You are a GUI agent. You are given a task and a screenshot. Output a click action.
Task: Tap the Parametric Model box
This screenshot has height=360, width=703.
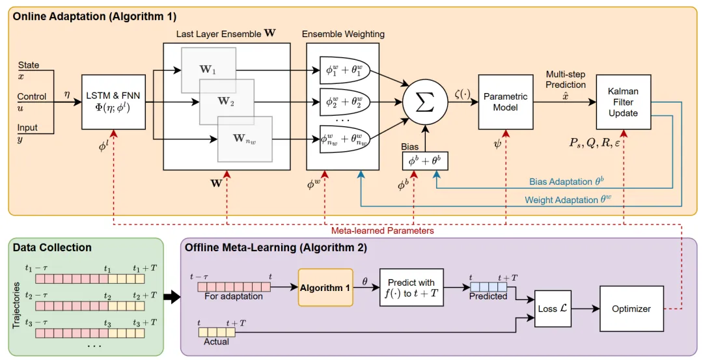[x=505, y=102]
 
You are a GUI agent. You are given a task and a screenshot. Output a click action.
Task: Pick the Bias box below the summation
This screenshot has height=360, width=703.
[x=425, y=159]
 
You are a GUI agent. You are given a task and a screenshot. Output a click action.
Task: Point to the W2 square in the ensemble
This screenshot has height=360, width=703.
[x=227, y=101]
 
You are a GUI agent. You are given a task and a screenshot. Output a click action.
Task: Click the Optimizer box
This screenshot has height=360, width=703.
[x=631, y=309]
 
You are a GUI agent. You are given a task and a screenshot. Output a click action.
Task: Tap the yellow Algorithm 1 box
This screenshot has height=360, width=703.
[x=325, y=287]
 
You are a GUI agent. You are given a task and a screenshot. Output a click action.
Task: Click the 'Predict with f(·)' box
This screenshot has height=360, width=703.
[x=411, y=287]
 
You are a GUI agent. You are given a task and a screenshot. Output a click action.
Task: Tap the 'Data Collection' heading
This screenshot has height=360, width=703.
[x=52, y=247]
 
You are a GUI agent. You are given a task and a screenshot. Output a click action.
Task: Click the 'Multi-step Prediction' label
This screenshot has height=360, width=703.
[x=566, y=79]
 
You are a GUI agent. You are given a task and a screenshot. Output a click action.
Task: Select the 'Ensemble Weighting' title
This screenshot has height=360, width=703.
[x=343, y=34]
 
